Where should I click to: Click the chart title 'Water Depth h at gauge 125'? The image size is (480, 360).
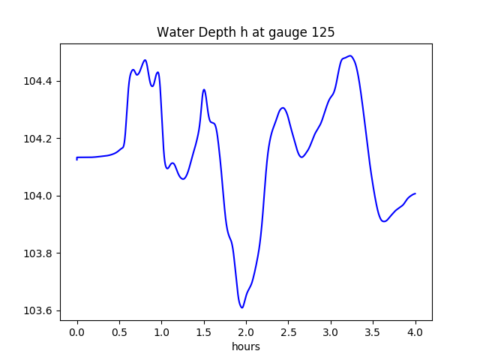point(245,32)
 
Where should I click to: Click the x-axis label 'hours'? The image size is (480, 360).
point(245,346)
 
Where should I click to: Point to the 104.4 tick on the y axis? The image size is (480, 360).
point(37,81)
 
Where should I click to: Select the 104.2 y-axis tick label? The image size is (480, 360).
point(37,139)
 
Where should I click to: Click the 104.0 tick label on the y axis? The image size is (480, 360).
point(37,196)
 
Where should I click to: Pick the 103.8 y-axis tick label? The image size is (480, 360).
point(37,253)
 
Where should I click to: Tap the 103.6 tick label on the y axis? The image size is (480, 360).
point(37,311)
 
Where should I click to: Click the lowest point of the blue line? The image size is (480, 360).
point(241,307)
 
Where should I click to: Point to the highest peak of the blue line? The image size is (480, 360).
point(350,55)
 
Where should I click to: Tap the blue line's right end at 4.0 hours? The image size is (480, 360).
point(415,193)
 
